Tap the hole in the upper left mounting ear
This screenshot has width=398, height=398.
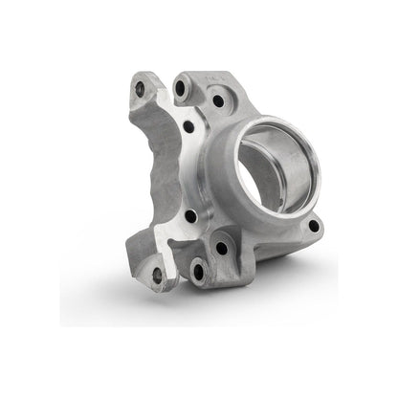click(x=140, y=88)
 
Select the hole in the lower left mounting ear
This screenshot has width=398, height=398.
click(x=157, y=275)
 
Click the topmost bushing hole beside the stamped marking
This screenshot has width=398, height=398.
click(x=180, y=87)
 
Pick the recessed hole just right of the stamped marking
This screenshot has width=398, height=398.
click(x=218, y=100)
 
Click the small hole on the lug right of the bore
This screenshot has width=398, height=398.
click(x=312, y=227)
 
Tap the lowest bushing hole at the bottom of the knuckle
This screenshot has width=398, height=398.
click(x=198, y=272)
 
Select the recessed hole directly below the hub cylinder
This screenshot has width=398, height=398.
click(x=222, y=248)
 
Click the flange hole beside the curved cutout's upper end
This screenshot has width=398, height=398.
click(x=188, y=126)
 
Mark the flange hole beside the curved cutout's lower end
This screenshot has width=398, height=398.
click(x=190, y=217)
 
